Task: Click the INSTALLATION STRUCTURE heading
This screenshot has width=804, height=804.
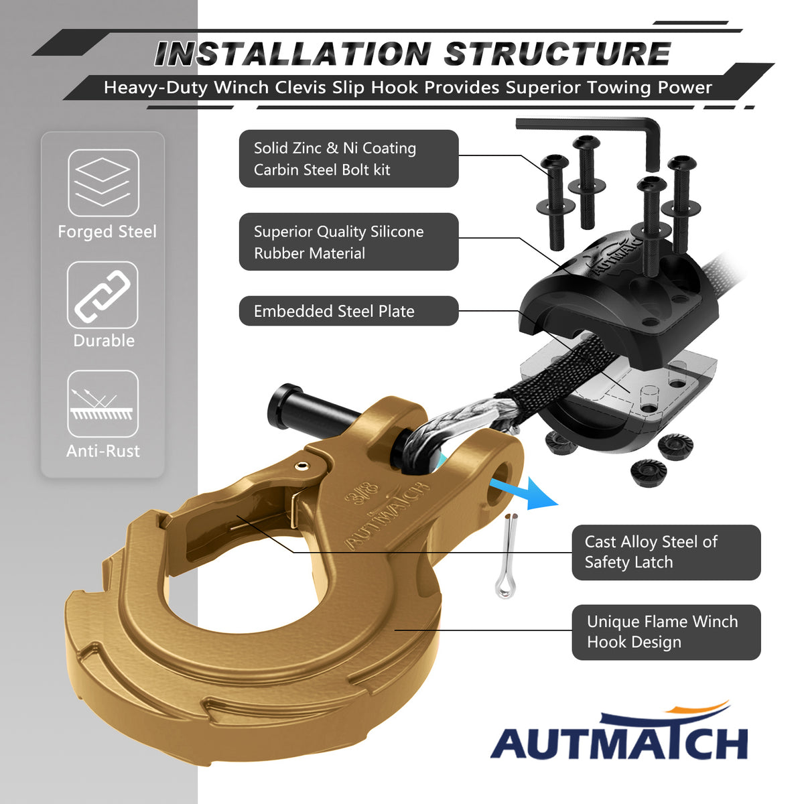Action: pyautogui.click(x=412, y=54)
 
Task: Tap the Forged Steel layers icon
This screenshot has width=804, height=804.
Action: pyautogui.click(x=103, y=183)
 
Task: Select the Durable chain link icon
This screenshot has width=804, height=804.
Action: pyautogui.click(x=103, y=295)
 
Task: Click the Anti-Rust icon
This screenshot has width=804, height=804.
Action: pyautogui.click(x=103, y=404)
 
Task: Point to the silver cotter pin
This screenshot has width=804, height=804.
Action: pyautogui.click(x=507, y=555)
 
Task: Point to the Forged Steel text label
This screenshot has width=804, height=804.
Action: pyautogui.click(x=107, y=232)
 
